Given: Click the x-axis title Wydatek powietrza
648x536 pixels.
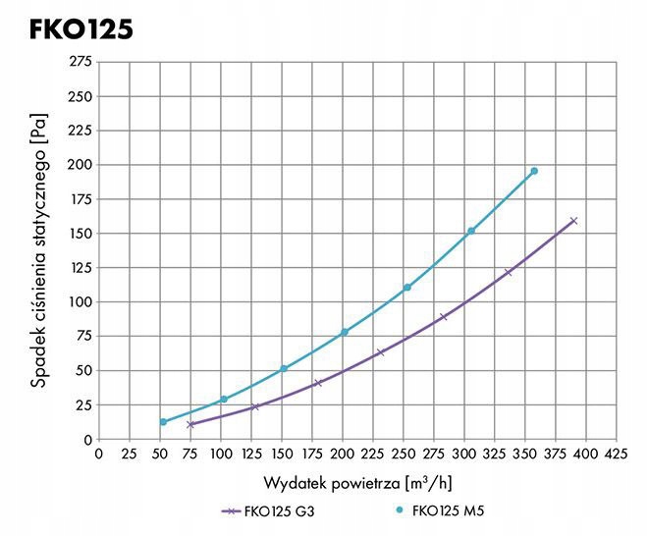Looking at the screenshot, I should [356, 483].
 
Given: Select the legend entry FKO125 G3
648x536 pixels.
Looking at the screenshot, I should [269, 511].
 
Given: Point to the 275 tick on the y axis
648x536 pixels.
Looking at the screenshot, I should [78, 62].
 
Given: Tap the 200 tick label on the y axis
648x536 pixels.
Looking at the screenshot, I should [78, 165].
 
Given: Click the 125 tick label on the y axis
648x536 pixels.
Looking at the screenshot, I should [78, 268].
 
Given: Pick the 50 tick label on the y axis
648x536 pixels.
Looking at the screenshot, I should [81, 371].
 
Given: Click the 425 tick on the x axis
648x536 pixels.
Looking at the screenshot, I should [617, 454].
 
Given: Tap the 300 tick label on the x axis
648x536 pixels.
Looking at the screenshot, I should [464, 454].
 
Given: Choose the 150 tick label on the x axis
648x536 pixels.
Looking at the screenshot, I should [281, 454].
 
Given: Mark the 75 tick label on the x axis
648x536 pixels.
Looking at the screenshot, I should [189, 454].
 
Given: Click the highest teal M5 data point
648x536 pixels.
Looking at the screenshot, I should [534, 171].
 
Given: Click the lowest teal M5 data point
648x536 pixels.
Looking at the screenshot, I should [163, 422].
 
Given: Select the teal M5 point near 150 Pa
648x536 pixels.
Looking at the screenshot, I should [471, 231].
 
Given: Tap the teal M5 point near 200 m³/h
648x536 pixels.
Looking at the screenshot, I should [345, 332].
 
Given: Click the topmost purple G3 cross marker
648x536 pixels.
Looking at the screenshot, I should [573, 221].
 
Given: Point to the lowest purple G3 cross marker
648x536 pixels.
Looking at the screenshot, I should [190, 425].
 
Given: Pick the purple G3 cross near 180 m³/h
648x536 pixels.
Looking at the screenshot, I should [317, 383].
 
